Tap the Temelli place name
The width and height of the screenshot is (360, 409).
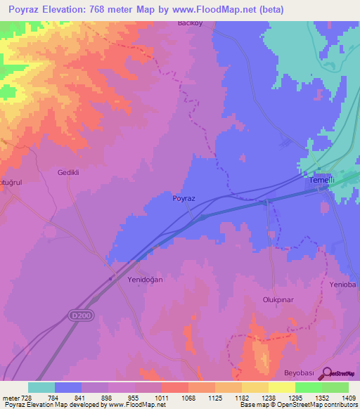pos(321,180)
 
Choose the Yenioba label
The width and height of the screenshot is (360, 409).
pos(344,285)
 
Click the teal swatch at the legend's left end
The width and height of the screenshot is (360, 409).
pos(41,387)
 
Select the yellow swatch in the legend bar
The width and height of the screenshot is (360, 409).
pos(281,387)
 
